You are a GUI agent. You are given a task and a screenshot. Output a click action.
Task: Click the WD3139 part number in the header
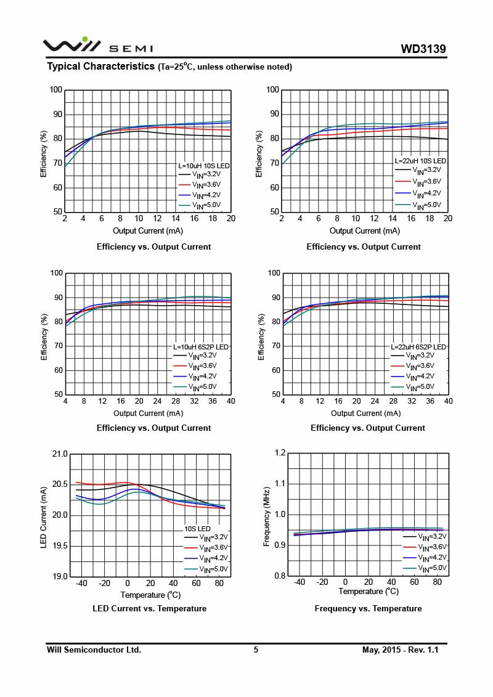pyautogui.click(x=423, y=49)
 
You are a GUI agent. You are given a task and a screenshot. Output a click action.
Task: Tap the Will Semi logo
pyautogui.click(x=97, y=45)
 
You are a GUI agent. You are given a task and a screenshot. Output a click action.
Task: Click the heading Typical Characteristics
pyautogui.click(x=100, y=67)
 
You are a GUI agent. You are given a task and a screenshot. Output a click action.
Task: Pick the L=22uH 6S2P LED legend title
pyautogui.click(x=418, y=347)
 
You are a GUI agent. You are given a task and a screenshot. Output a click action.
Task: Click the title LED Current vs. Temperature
pyautogui.click(x=150, y=608)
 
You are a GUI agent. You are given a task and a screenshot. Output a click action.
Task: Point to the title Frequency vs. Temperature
pyautogui.click(x=368, y=608)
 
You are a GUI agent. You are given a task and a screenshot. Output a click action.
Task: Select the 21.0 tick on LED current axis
pyautogui.click(x=60, y=454)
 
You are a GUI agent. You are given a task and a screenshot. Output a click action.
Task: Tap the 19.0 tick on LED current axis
pyautogui.click(x=60, y=577)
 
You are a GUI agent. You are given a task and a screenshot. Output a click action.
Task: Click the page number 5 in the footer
pyautogui.click(x=256, y=650)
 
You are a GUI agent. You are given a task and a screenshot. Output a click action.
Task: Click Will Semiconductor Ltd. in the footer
pyautogui.click(x=94, y=650)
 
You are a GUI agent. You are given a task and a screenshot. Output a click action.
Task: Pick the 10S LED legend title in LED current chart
pyautogui.click(x=198, y=529)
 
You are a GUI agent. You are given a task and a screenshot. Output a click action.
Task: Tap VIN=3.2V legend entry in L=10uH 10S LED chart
pyautogui.click(x=205, y=175)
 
